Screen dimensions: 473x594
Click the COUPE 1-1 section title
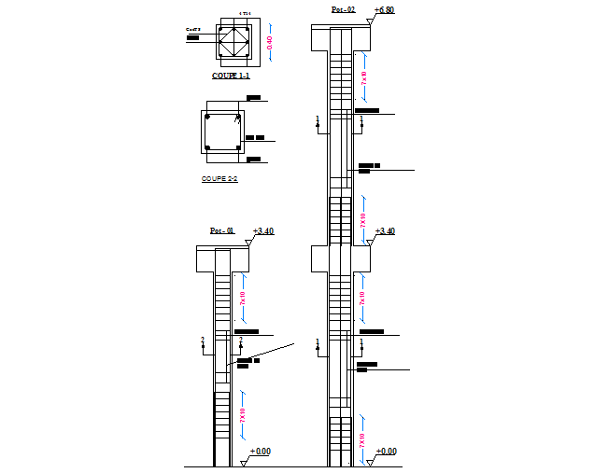pyautogui.click(x=230, y=76)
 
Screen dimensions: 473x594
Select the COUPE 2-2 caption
pyautogui.click(x=219, y=178)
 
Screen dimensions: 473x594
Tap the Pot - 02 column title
pyautogui.click(x=343, y=10)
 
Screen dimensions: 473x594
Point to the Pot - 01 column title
pyautogui.click(x=221, y=230)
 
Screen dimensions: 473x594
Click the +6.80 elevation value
pyautogui.click(x=384, y=10)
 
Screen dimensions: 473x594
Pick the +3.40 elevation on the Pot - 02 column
pyautogui.click(x=385, y=230)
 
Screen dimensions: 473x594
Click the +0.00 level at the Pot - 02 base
pyautogui.click(x=386, y=452)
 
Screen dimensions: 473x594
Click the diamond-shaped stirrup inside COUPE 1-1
pyautogui.click(x=231, y=43)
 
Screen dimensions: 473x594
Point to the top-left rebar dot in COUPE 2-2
pyautogui.click(x=207, y=118)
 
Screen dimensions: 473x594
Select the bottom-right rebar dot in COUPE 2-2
pyautogui.click(x=238, y=147)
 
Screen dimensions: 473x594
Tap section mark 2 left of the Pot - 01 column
pyautogui.click(x=202, y=341)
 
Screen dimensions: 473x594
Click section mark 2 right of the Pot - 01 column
pyautogui.click(x=241, y=341)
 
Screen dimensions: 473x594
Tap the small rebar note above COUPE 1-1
pyautogui.click(x=245, y=13)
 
